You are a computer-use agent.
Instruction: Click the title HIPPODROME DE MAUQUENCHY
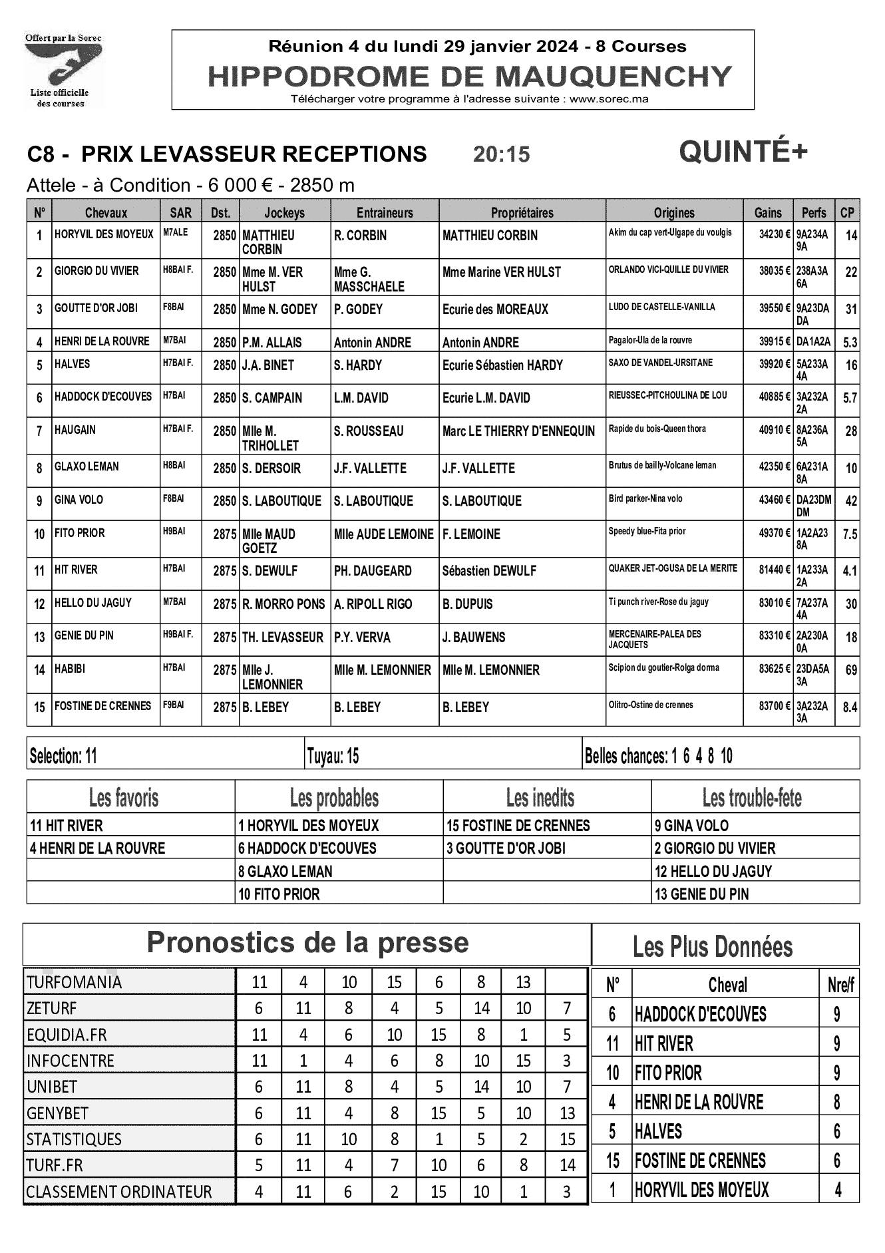pos(469,77)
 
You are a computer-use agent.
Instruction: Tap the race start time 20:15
pos(501,154)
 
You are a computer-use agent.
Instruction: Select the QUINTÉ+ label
pos(743,152)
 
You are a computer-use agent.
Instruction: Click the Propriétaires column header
pos(522,213)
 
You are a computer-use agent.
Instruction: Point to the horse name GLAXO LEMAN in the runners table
pos(87,466)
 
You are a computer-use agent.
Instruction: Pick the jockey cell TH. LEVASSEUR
pos(283,637)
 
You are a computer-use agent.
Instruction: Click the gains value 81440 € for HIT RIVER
pos(772,569)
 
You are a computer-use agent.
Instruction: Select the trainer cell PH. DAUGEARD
pos(373,571)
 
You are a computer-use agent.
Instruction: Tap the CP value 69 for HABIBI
pos(850,670)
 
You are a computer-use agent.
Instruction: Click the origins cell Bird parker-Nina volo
pos(645,498)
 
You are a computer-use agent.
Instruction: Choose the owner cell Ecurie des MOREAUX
pos(495,309)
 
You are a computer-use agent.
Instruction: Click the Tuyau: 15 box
pos(333,756)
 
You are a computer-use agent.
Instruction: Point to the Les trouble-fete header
pos(752,797)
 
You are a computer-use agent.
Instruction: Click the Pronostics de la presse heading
pos(307,942)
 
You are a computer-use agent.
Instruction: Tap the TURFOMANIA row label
pos(74,982)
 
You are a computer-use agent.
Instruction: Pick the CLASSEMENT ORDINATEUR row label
pos(118,1192)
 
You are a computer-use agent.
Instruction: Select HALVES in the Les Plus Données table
pos(658,1131)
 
